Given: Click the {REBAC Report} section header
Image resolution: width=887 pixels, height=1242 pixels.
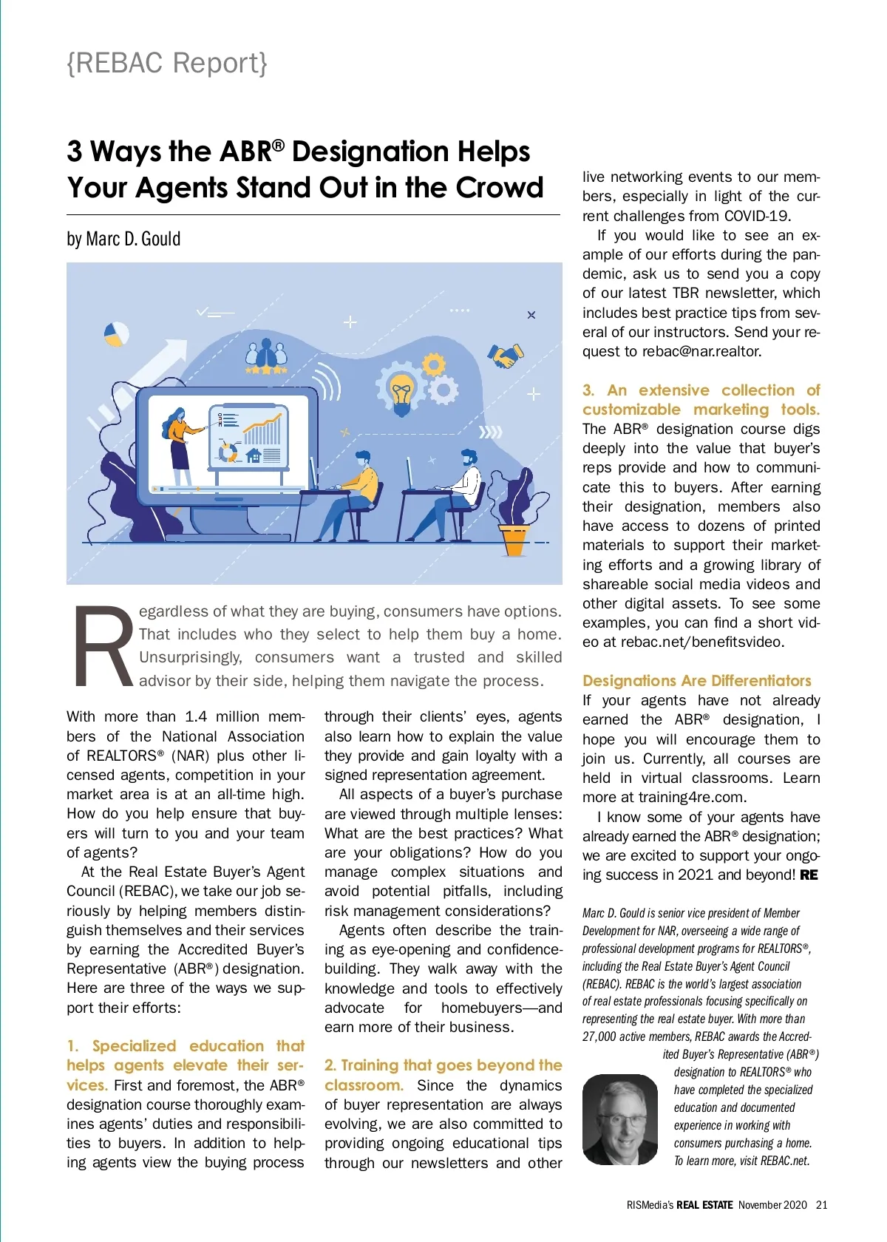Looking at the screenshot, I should tap(167, 64).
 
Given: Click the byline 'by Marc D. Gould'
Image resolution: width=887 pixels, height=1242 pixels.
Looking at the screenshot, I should tap(123, 239).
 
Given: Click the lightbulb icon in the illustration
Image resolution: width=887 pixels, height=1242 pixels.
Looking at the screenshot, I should tap(401, 391).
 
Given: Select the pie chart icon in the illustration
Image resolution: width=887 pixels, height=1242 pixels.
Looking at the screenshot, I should tap(115, 334).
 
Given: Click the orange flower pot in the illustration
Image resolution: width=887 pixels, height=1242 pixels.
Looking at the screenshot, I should tap(514, 539).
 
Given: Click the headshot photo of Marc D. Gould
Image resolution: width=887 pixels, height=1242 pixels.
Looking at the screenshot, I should tap(619, 1119).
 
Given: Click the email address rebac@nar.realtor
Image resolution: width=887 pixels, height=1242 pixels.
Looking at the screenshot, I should tap(701, 351).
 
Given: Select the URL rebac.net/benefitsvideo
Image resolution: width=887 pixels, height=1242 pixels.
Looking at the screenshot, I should tap(702, 642).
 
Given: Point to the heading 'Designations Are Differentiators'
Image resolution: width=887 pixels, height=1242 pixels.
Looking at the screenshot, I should tap(696, 680).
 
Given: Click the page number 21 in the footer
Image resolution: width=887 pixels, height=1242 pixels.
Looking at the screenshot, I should tap(822, 1204).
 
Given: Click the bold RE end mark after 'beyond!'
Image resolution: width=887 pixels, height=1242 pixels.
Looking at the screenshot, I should tap(809, 875).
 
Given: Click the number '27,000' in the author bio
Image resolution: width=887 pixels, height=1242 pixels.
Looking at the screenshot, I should tap(599, 1036).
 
